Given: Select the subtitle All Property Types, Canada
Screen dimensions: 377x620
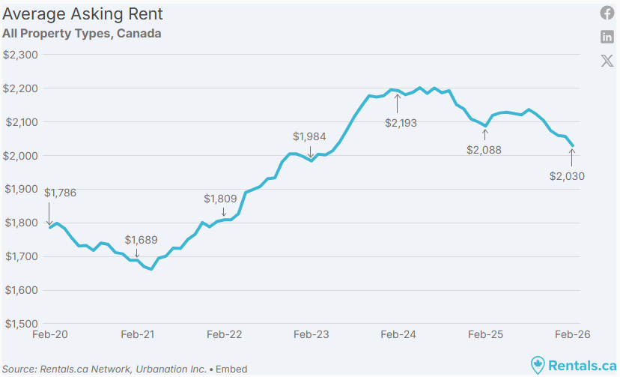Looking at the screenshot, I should coord(82,34).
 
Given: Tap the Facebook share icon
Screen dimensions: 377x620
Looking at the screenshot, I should coord(607,13).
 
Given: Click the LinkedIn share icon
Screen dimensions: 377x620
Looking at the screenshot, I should coord(607,37).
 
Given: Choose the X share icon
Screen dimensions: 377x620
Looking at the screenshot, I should coord(607,61).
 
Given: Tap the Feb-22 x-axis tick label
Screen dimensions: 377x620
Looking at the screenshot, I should coord(224,336).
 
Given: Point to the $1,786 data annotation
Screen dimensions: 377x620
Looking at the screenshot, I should coord(61,193).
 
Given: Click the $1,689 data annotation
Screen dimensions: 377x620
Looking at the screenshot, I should coord(142,240).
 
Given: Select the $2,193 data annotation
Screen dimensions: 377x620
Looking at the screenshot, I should coord(401,123).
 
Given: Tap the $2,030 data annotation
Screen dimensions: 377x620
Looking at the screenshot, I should coord(567,177).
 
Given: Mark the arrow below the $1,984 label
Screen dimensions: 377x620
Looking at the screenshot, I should coord(311,151).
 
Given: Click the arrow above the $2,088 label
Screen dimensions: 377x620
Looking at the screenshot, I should coord(485,135).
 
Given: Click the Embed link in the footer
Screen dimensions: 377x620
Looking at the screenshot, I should coord(232,369).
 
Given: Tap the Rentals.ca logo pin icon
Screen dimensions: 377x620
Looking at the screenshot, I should coord(538,365).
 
